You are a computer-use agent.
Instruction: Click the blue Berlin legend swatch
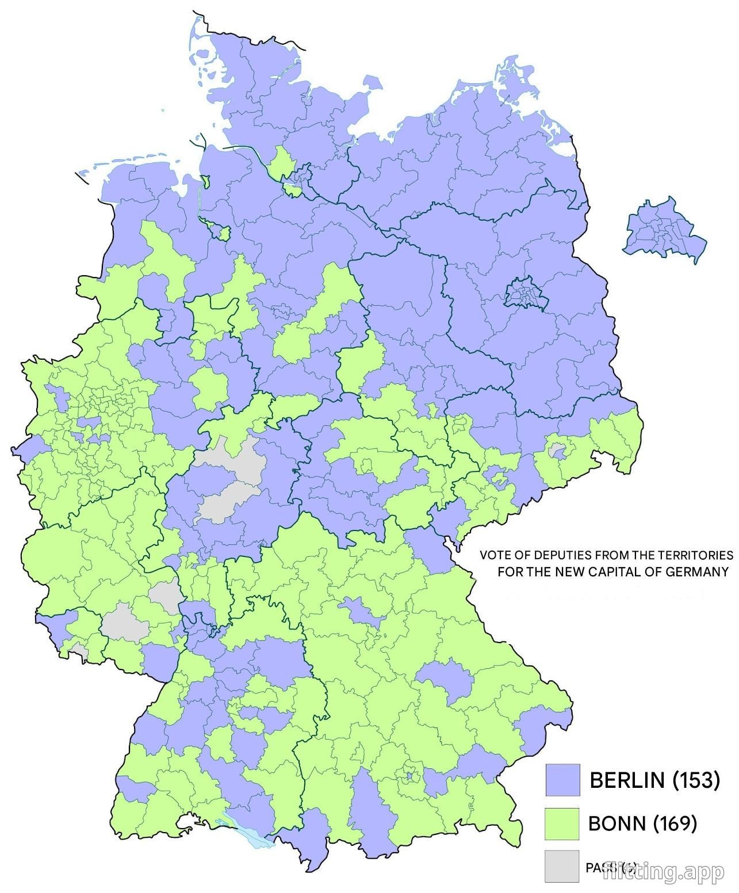[x=562, y=779]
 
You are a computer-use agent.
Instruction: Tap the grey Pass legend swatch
[x=562, y=865]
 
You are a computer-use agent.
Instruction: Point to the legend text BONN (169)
[x=642, y=823]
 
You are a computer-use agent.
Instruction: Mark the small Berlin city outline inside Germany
[x=524, y=293]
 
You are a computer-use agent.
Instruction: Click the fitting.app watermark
[x=664, y=872]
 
